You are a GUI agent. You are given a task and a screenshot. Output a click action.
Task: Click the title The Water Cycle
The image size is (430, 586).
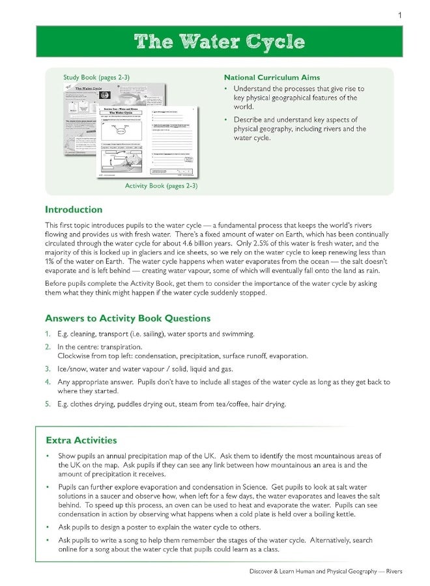tap(219, 42)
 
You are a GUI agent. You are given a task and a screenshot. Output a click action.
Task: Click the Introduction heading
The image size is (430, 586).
tap(74, 210)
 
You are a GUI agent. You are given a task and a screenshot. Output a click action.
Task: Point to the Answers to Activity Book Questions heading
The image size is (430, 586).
tap(128, 318)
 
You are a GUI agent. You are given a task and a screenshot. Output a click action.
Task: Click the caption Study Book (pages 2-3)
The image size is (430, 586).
tap(96, 77)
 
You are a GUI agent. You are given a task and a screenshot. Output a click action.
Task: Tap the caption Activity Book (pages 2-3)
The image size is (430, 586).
tap(161, 186)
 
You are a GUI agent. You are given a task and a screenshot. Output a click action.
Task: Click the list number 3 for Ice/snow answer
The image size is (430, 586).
tap(48, 368)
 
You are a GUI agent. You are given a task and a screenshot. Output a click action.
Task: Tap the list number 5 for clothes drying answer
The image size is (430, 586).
tap(48, 404)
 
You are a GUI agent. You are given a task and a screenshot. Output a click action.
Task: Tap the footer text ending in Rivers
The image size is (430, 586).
tap(326, 571)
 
